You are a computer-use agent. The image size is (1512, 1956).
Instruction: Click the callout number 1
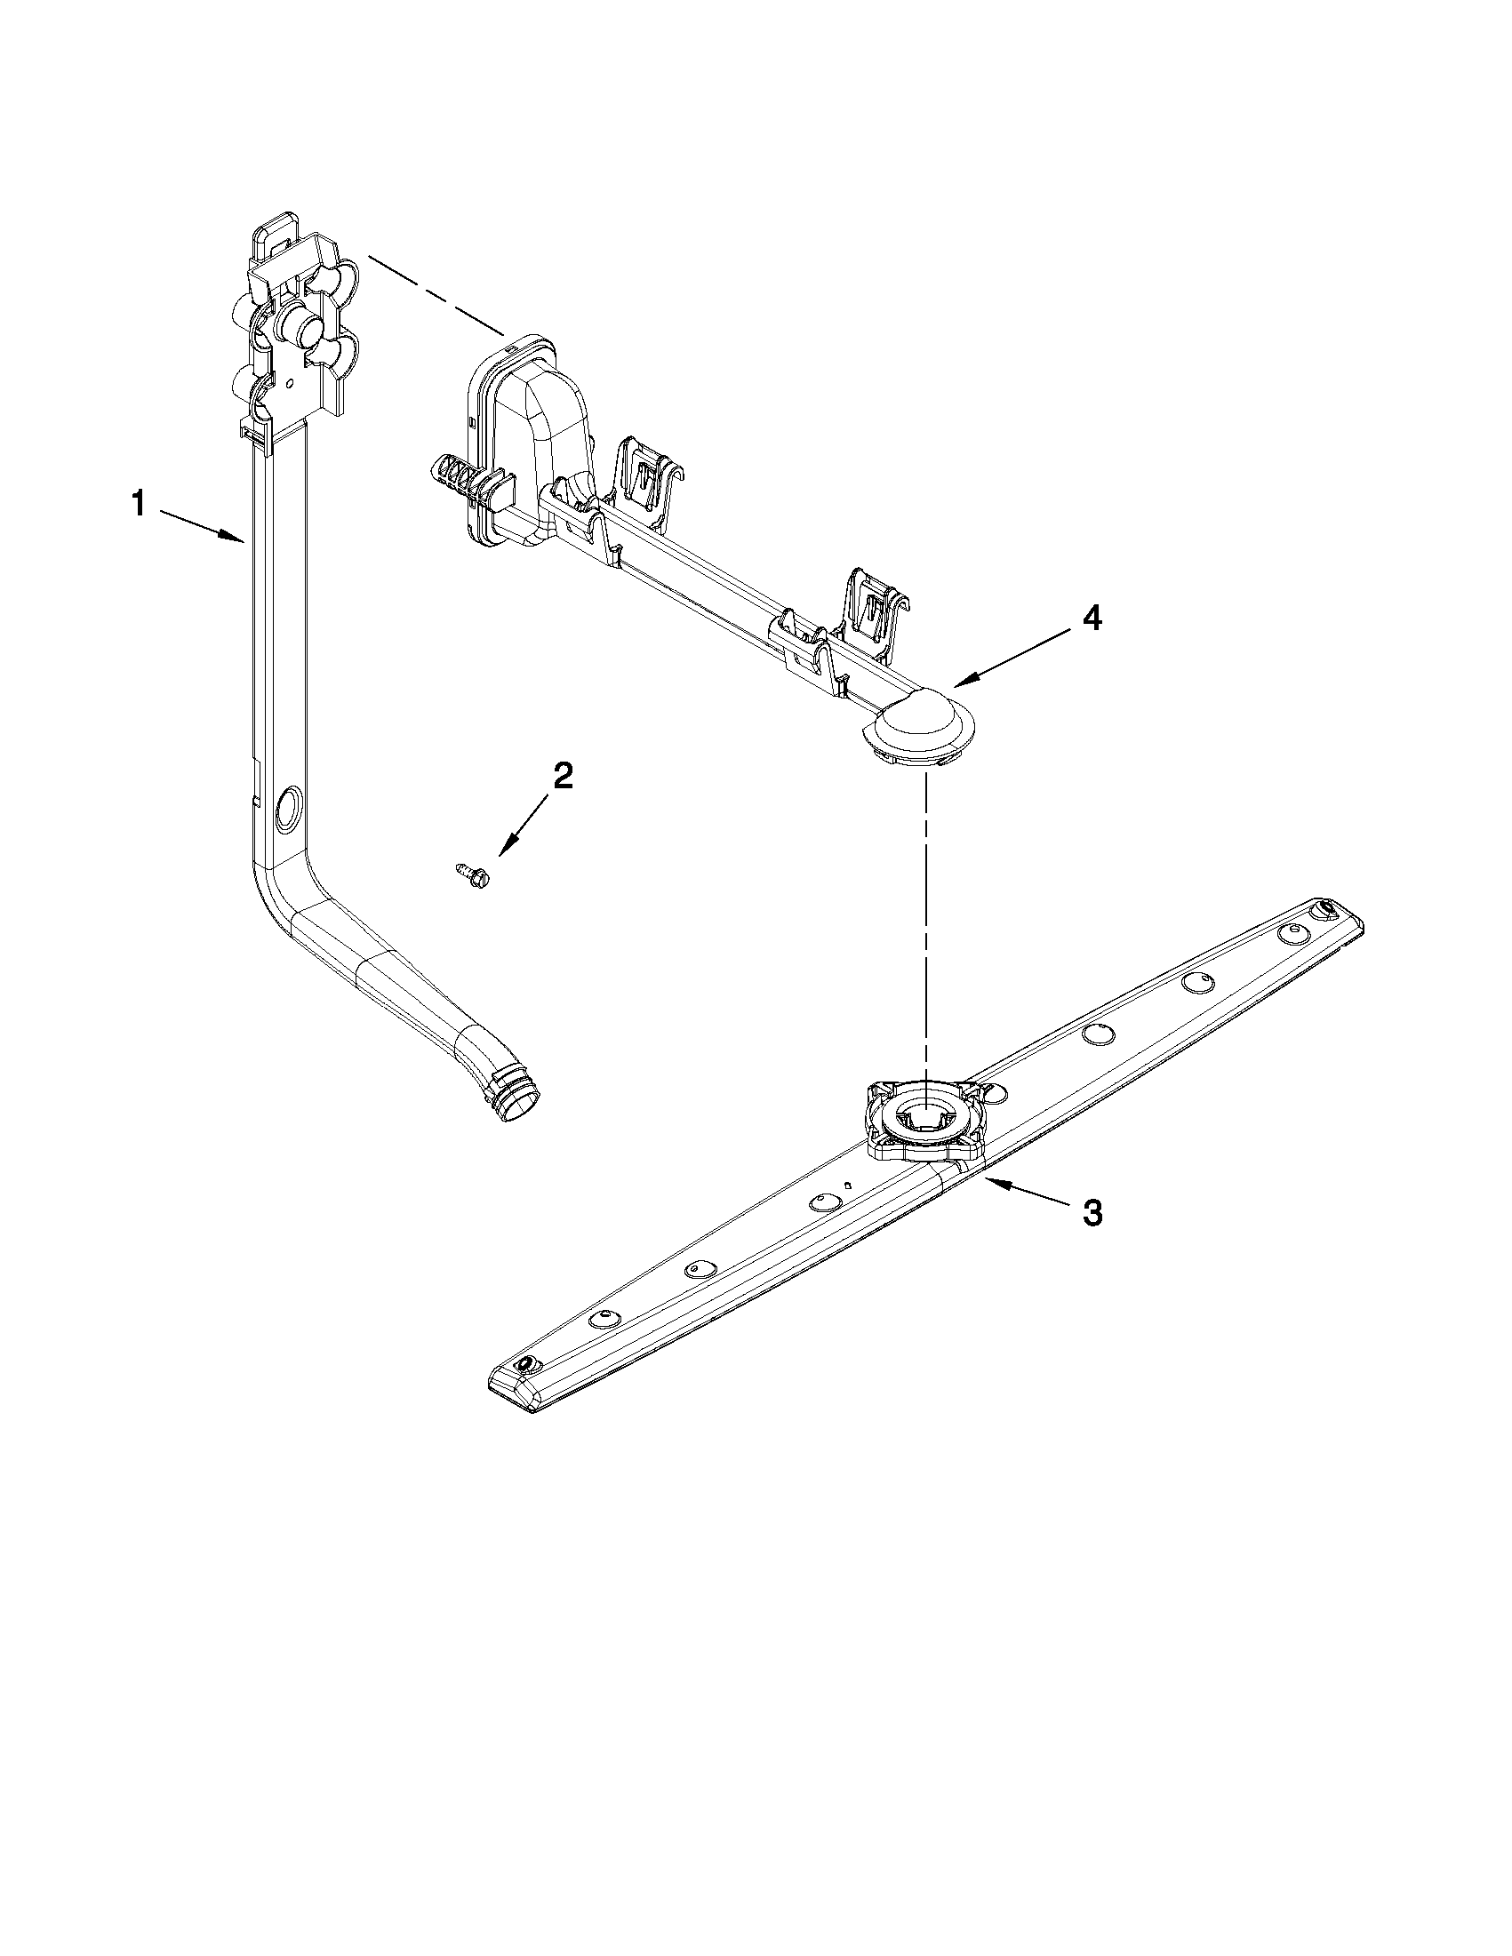tap(138, 503)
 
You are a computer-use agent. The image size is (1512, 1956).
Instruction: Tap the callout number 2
tap(562, 776)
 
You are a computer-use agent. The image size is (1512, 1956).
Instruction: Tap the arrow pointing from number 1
tap(202, 525)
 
